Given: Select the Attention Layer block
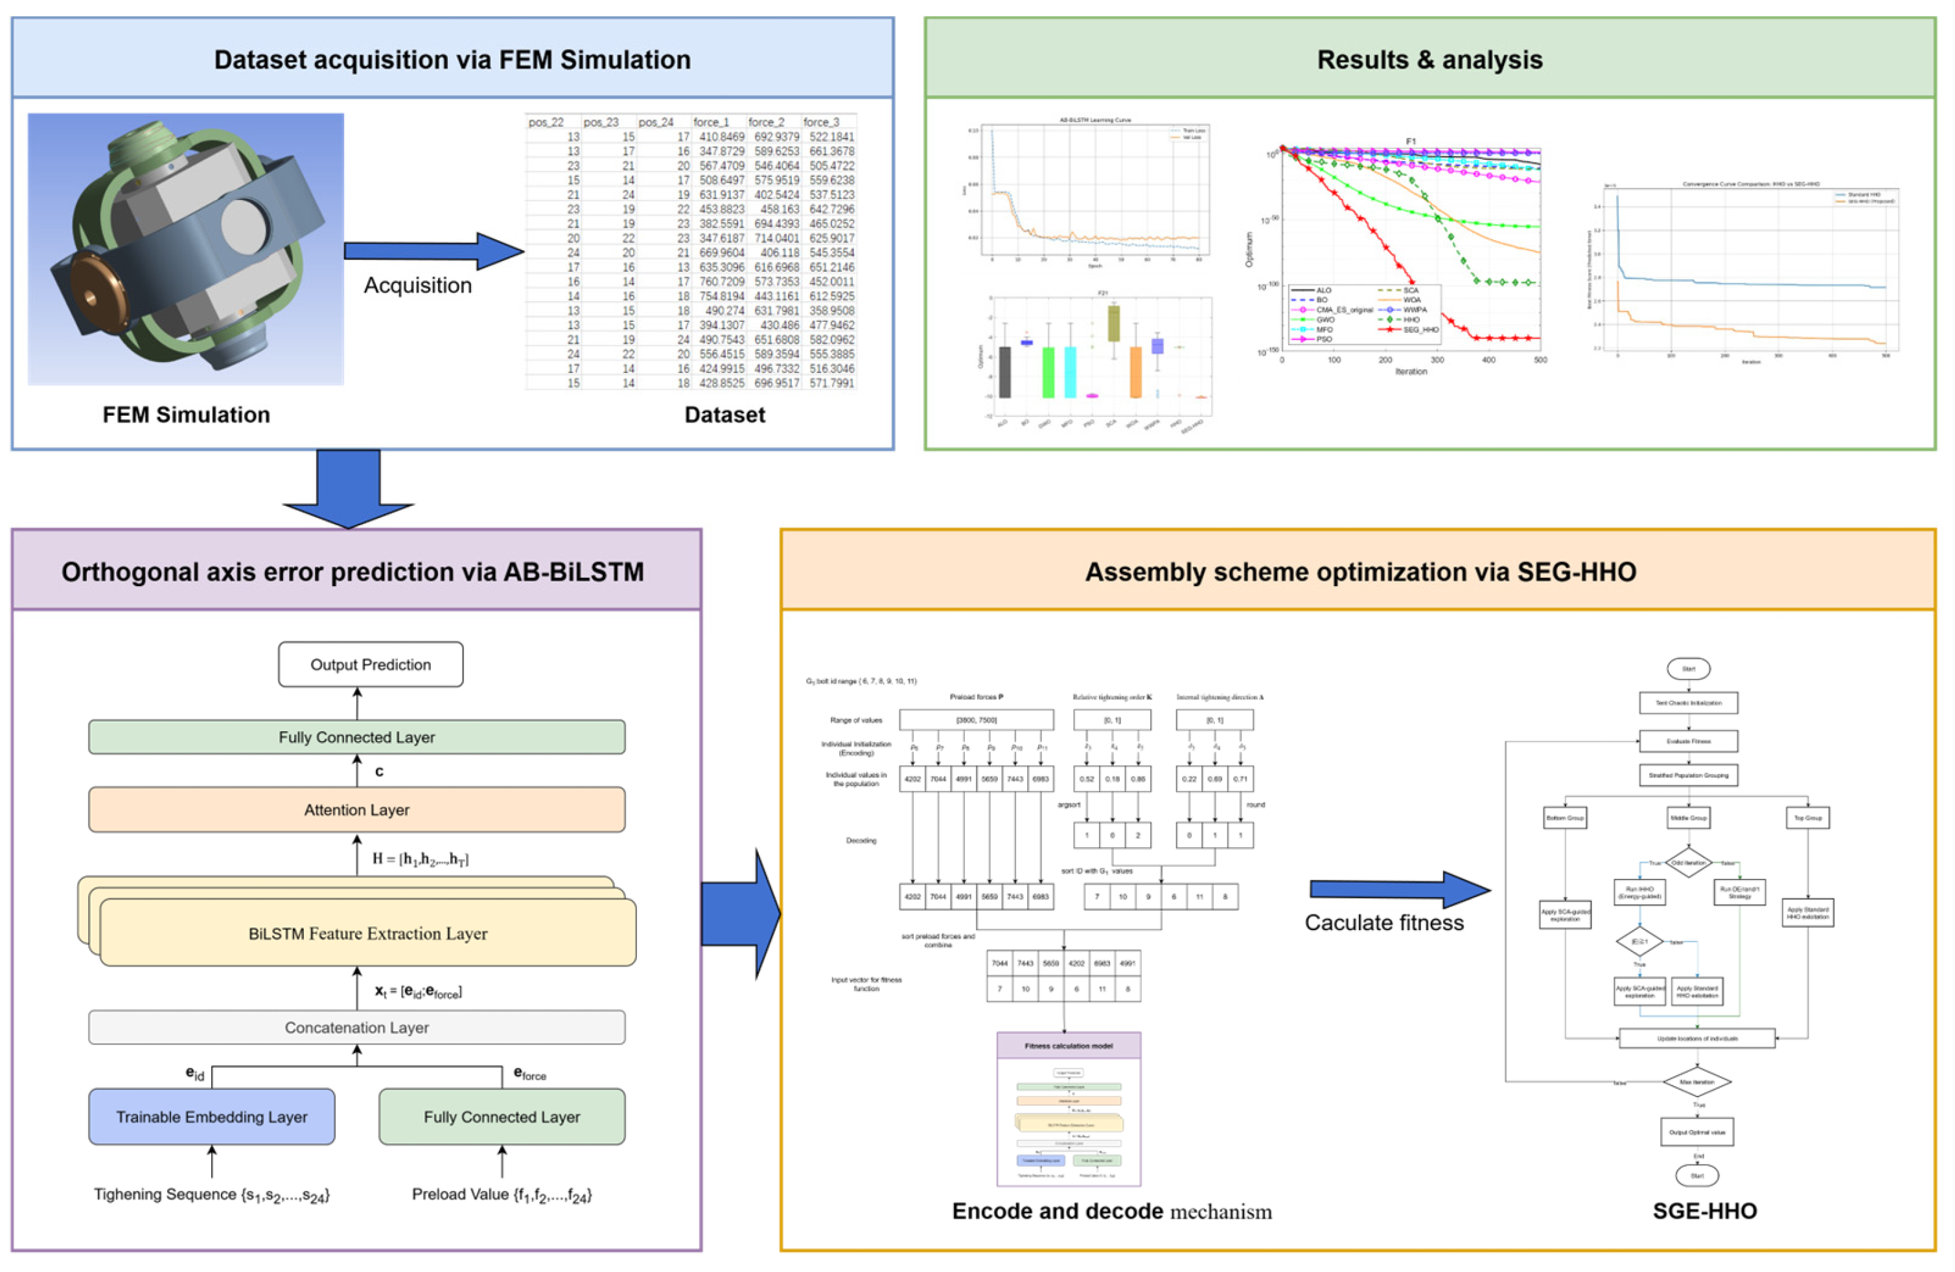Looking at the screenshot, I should [x=356, y=810].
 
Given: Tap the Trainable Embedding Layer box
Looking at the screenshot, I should [x=211, y=1117].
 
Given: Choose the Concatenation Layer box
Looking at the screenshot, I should [x=356, y=1027].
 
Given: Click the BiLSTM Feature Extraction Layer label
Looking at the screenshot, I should [x=367, y=934].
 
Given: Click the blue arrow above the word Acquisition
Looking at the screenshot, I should [x=433, y=251].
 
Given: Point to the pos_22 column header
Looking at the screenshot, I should [x=546, y=122].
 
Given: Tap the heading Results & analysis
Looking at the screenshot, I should [x=1429, y=60].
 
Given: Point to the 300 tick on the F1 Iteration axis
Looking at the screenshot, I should [x=1437, y=359].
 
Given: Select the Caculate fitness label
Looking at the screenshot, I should [x=1384, y=923].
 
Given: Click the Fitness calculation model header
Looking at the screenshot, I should [x=1068, y=1046].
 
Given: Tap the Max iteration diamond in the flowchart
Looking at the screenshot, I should [x=1696, y=1082].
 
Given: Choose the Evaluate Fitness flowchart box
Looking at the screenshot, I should [x=1688, y=741].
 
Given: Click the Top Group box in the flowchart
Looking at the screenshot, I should [x=1807, y=818].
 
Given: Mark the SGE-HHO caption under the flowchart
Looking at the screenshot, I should [x=1704, y=1211].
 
